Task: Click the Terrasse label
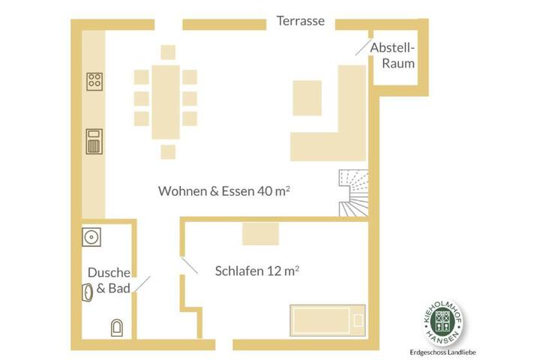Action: (x=300, y=21)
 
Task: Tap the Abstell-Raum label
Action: (x=392, y=55)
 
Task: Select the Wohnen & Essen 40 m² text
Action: (x=223, y=190)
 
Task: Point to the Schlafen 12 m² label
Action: (x=257, y=271)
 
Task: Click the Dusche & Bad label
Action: (x=109, y=280)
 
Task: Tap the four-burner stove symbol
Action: (x=94, y=82)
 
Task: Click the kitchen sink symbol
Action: (x=94, y=141)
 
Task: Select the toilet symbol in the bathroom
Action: (x=117, y=328)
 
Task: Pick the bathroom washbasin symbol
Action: (x=88, y=292)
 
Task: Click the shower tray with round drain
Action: (x=91, y=237)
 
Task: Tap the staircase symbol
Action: (x=354, y=193)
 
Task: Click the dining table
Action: (x=166, y=102)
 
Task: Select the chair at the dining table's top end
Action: (x=168, y=52)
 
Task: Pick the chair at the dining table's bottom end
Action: (x=168, y=152)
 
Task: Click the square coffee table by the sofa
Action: (x=307, y=98)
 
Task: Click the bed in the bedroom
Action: (x=328, y=320)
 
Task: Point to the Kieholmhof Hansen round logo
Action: (x=443, y=322)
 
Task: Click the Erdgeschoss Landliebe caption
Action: (x=443, y=352)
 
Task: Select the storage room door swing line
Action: (x=364, y=46)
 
